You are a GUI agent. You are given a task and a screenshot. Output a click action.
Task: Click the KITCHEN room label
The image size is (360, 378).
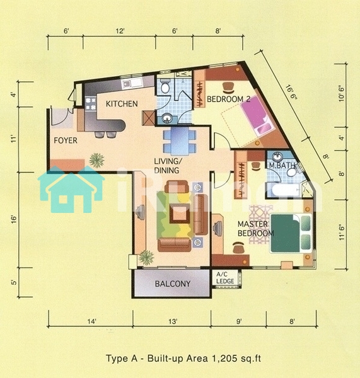(x=122, y=104)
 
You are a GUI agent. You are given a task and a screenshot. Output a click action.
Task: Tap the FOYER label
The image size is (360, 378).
(x=66, y=140)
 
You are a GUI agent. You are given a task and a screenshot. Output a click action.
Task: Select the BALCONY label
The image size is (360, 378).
(x=173, y=283)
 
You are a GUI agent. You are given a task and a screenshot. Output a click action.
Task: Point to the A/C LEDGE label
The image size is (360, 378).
(x=225, y=278)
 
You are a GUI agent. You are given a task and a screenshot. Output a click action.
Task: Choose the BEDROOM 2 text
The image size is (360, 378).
(x=228, y=99)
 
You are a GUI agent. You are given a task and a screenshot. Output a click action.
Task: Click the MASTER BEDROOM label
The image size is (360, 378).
(x=255, y=229)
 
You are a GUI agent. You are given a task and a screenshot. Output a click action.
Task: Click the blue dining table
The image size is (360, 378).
(x=180, y=141)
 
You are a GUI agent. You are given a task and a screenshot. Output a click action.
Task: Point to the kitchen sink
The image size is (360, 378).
(x=132, y=83)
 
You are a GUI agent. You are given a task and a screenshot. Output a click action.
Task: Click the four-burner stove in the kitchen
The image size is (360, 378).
(x=91, y=103)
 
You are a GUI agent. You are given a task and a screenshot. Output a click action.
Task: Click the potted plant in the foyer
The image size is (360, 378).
(x=96, y=160)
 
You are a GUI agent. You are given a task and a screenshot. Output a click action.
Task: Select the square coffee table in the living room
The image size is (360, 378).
(x=180, y=214)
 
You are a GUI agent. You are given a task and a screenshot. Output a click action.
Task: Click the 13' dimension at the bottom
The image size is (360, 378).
(x=173, y=321)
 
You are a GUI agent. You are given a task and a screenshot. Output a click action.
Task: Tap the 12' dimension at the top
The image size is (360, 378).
(x=120, y=31)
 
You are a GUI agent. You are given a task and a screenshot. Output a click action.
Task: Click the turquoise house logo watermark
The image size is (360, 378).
(x=71, y=189)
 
